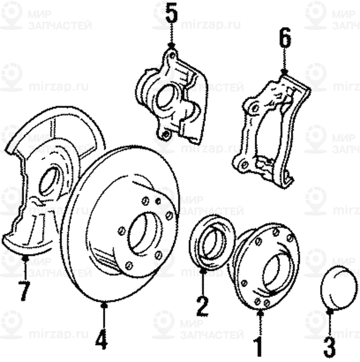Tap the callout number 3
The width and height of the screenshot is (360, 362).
pos(329,343)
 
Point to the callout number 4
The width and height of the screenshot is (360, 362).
pos(101,339)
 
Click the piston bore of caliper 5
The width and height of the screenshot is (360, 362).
pos(167,97)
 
